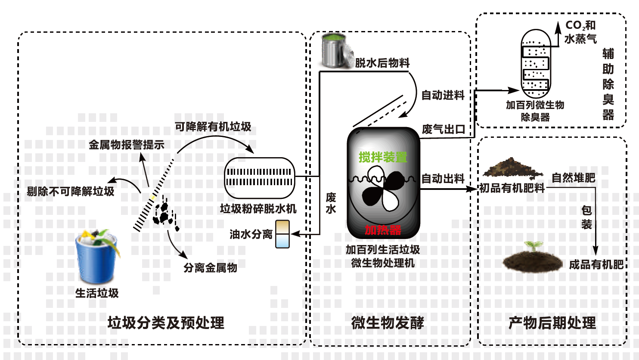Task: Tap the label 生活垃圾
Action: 97,293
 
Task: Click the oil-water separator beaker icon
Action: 282,234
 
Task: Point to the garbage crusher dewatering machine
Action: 259,177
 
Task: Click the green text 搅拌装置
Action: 383,158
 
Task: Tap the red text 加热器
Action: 383,230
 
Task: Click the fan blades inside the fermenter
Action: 383,189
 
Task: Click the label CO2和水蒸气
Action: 580,32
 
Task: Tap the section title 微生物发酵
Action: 388,323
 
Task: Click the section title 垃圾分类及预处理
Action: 166,323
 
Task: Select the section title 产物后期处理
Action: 552,323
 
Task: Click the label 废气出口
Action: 444,129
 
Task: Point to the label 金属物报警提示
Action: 127,145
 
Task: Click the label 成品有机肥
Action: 596,264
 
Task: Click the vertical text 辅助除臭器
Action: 608,84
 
